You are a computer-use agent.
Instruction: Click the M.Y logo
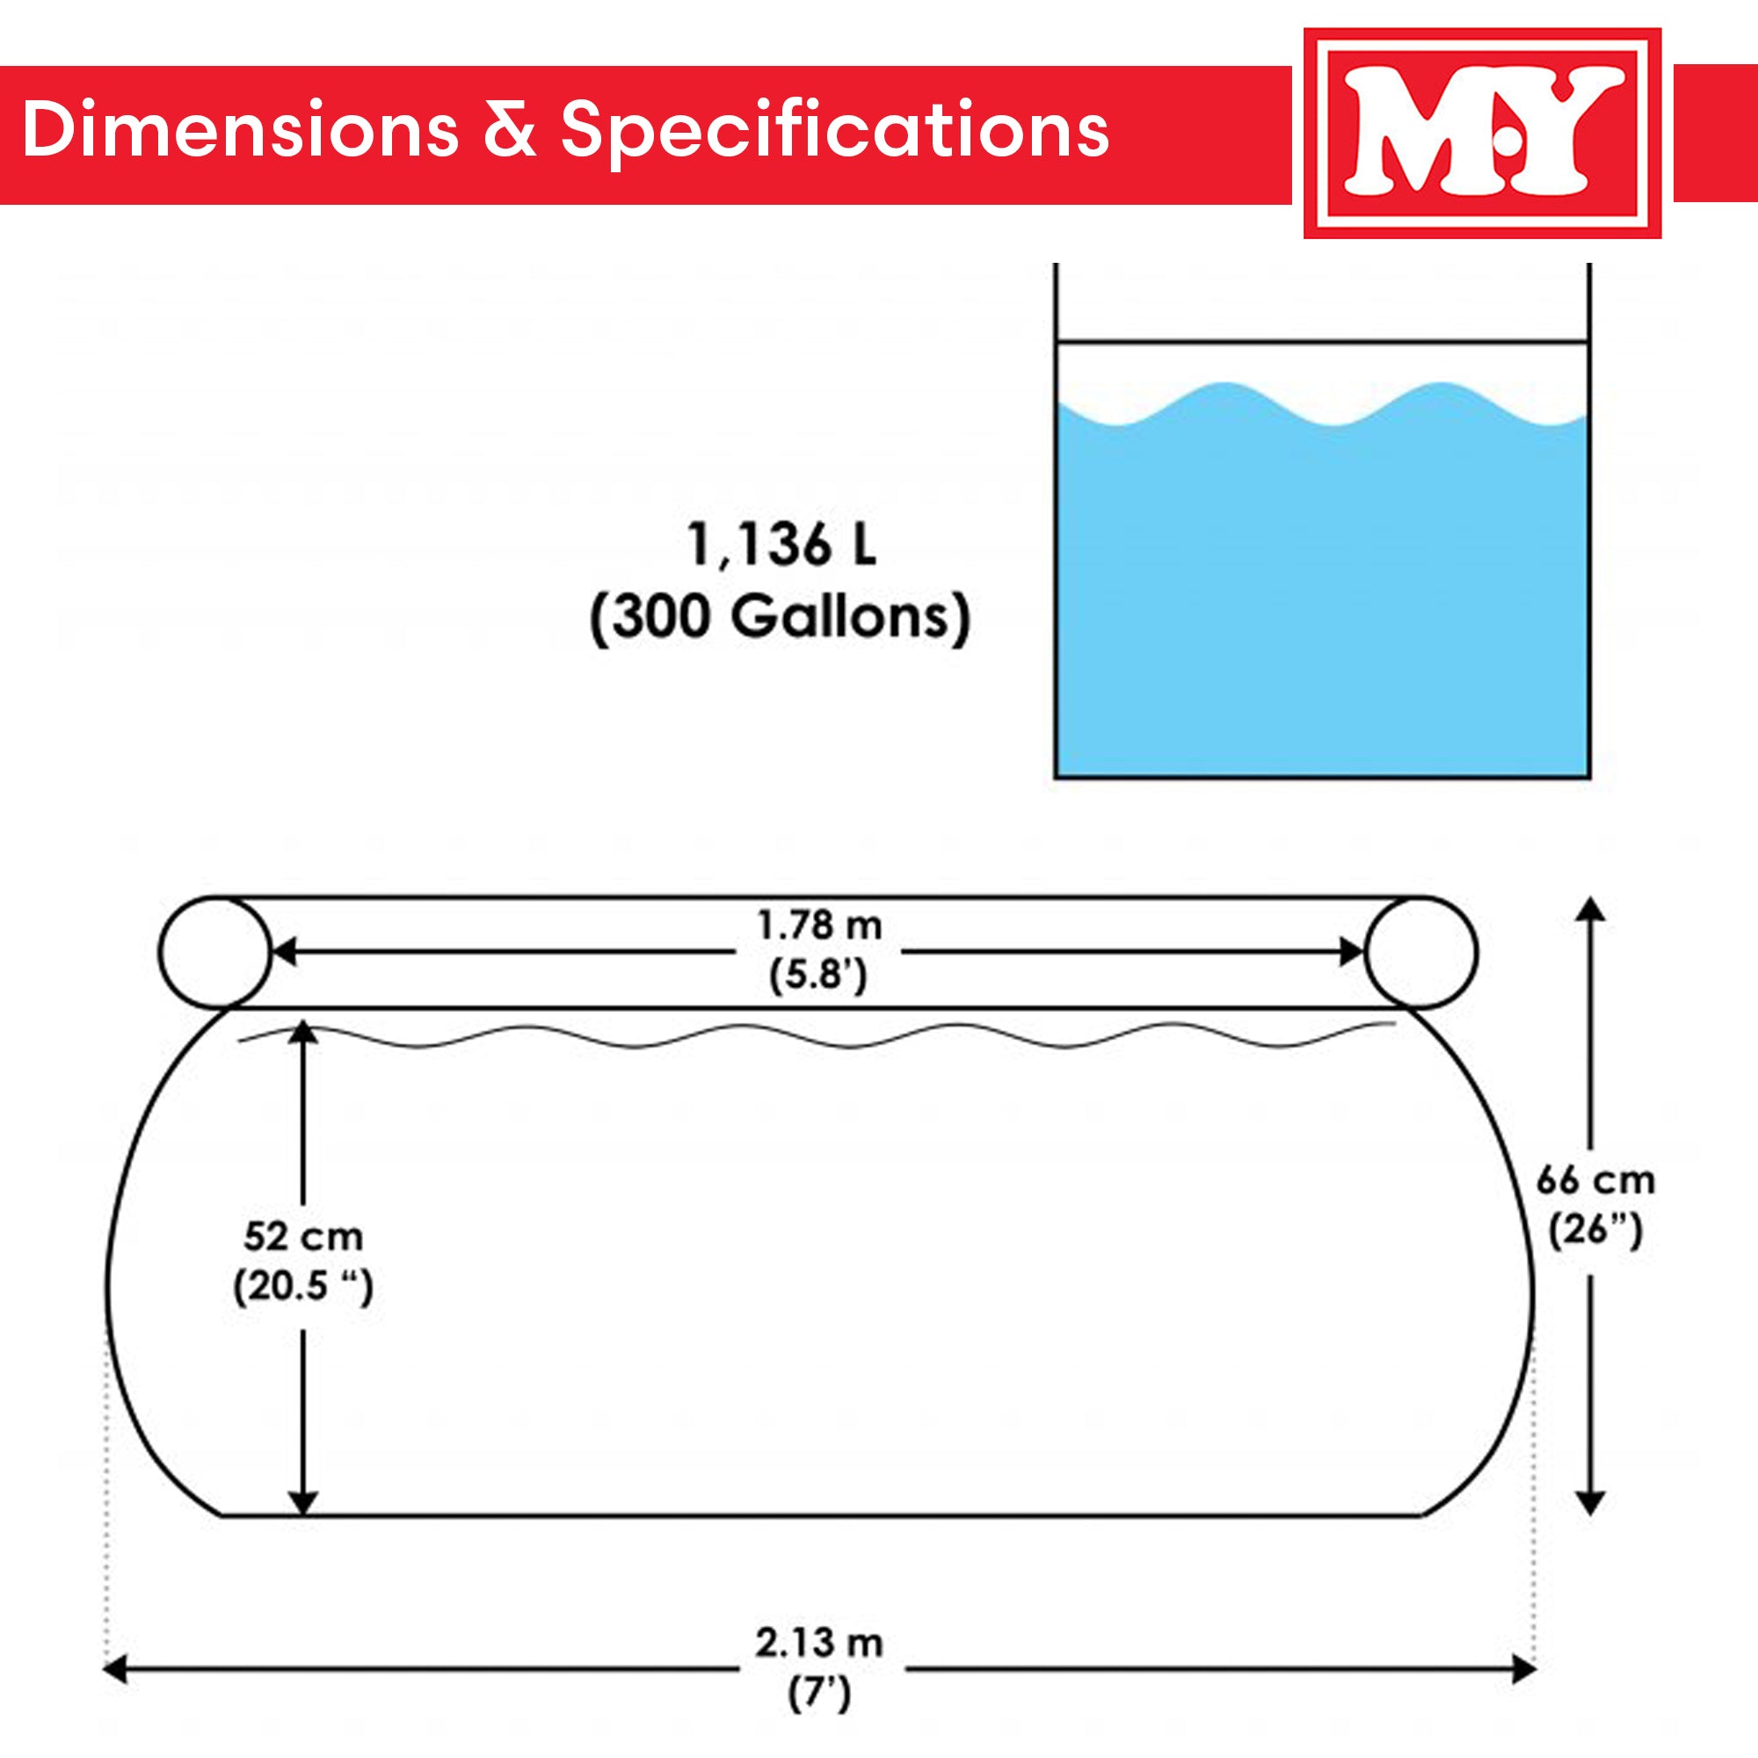pos(1481,133)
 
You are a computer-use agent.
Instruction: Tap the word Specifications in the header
pos(833,130)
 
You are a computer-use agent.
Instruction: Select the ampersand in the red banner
pos(509,130)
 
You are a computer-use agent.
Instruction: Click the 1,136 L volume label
pos(780,546)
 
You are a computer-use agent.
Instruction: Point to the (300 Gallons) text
pos(780,619)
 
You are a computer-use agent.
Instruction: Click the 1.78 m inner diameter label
pos(819,926)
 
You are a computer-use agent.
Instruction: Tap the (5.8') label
pos(819,977)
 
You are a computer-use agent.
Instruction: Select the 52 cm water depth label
pos(303,1237)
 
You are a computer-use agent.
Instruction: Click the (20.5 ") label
pos(303,1287)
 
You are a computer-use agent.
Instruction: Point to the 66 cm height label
pos(1595,1181)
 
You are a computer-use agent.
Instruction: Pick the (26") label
pos(1595,1231)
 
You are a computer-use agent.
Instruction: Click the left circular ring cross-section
pos(214,952)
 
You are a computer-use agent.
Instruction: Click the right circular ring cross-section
pos(1420,952)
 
